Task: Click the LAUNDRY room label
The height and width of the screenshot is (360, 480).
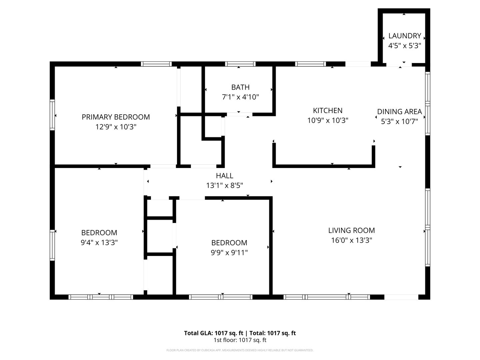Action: tap(405, 36)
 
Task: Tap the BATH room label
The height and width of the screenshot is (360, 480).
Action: tap(240, 87)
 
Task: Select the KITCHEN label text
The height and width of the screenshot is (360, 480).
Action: tap(328, 111)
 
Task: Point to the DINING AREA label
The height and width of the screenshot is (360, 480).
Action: tap(400, 111)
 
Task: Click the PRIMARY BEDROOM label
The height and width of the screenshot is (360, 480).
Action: tap(116, 117)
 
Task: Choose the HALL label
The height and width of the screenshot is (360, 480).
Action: tap(224, 176)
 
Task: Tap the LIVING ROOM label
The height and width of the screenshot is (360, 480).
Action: tap(351, 230)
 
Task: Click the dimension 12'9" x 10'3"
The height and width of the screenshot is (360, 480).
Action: tap(116, 127)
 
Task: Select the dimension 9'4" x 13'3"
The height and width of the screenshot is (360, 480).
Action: tap(99, 242)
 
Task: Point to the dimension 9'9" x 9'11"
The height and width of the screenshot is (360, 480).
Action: tap(229, 253)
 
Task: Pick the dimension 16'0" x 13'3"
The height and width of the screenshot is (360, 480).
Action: tap(351, 240)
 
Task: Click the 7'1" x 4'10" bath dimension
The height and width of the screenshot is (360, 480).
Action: tap(240, 97)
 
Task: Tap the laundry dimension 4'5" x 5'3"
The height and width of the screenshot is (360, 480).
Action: tap(405, 46)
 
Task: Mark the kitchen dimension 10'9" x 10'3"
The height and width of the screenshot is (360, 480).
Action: tap(328, 120)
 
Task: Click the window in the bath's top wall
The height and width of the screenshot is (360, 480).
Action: tap(240, 64)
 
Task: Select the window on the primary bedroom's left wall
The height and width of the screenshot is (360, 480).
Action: tap(52, 115)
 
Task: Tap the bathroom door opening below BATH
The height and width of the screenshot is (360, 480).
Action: tap(240, 114)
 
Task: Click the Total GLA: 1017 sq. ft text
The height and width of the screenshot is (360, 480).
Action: tap(213, 333)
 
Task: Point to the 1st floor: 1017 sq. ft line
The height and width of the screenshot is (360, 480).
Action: tap(240, 340)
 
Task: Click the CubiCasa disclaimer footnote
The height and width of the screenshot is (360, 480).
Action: tap(240, 350)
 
